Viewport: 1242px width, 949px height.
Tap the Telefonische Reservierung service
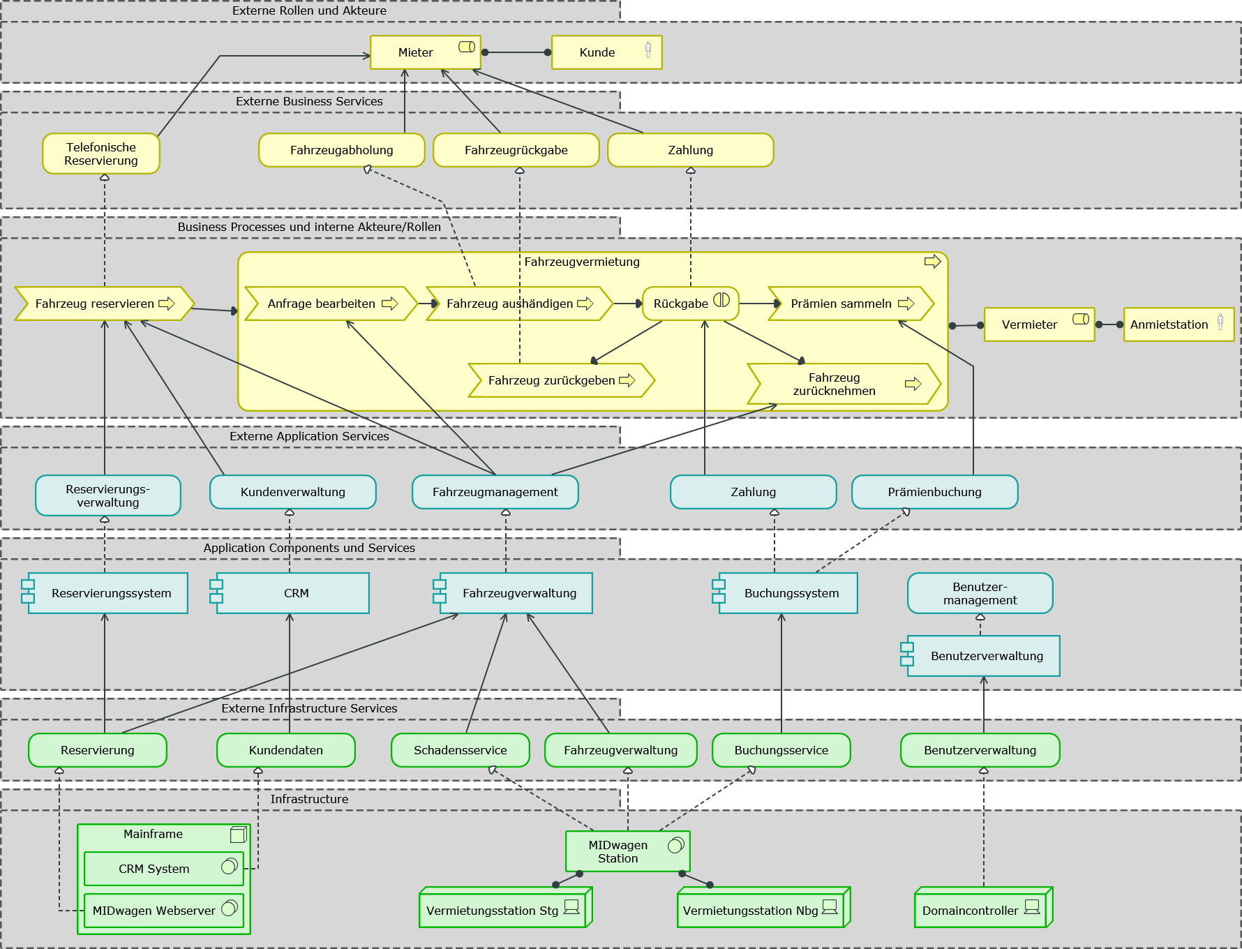coord(101,154)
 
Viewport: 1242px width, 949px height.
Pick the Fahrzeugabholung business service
coord(341,150)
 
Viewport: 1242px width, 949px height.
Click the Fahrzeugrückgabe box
coord(516,150)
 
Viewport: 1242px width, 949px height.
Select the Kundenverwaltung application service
coord(292,492)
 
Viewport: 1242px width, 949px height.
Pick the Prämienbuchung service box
coord(934,492)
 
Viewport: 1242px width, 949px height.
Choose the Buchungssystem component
coord(788,593)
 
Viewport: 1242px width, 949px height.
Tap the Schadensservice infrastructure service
coord(460,750)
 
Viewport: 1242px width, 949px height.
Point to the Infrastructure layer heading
coord(309,799)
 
